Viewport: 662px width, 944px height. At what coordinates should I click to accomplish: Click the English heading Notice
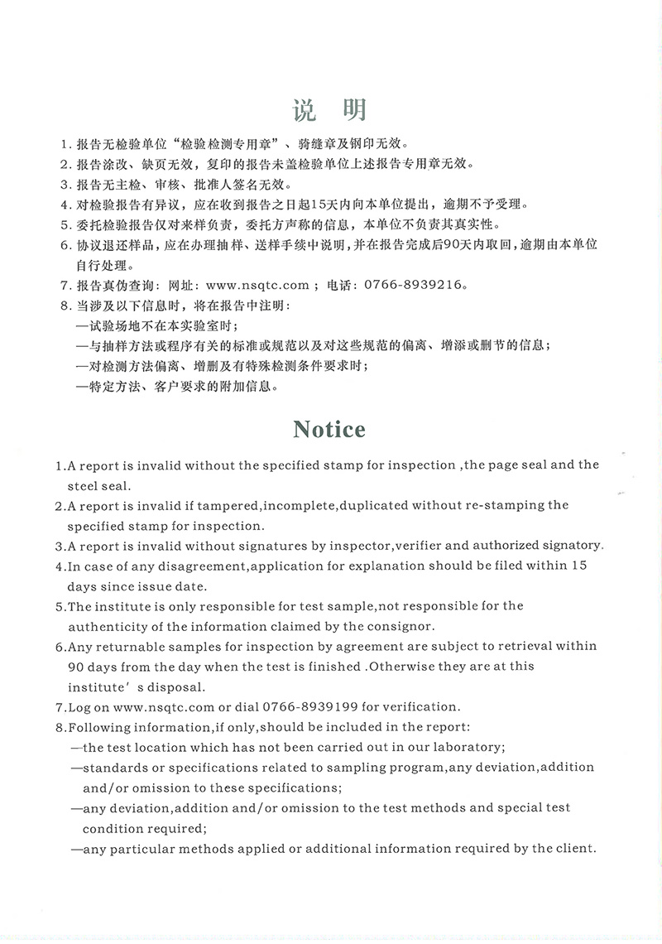click(329, 429)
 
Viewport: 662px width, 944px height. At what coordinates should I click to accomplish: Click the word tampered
click(227, 505)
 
